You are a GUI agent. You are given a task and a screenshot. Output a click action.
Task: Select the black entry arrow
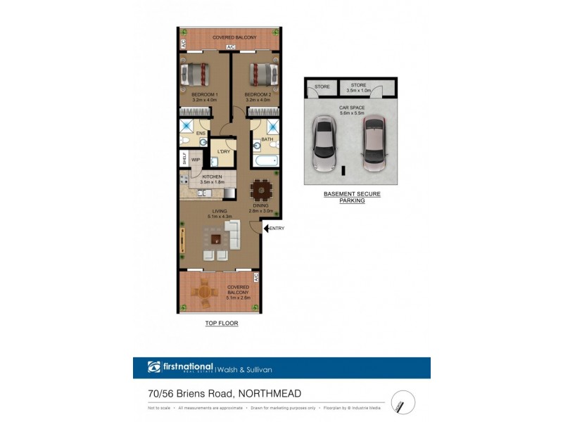coord(266,228)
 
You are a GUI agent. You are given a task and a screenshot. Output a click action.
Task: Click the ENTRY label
coord(277,228)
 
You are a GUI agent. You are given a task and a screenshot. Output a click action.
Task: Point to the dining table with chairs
coord(261,189)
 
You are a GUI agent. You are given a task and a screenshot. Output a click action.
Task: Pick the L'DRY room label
coord(224,152)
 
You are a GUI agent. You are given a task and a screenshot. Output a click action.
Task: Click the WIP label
coord(196,160)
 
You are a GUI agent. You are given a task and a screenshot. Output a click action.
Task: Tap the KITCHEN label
coord(211,177)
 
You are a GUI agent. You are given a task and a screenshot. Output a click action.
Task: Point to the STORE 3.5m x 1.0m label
coord(359,88)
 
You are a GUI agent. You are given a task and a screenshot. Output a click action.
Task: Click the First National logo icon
coord(154,367)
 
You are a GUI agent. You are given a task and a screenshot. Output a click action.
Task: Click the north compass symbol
coord(403,402)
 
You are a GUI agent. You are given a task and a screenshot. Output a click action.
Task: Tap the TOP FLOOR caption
coord(222,324)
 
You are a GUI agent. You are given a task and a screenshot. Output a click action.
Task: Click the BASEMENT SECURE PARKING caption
coord(352,197)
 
